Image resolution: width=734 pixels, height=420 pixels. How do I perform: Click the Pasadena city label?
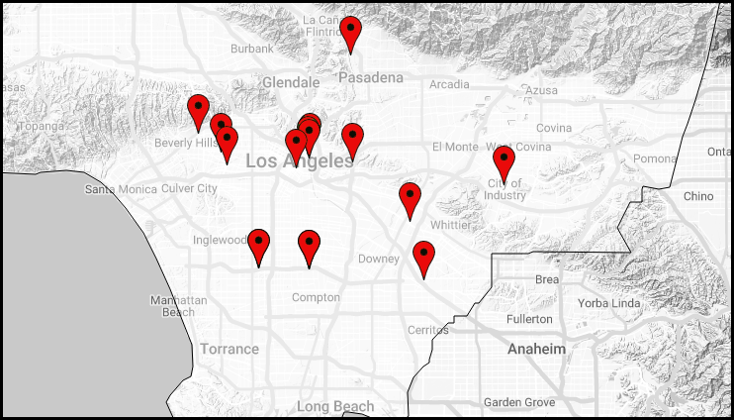pos(371,77)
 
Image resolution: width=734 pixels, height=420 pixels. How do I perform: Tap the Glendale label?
pos(291,82)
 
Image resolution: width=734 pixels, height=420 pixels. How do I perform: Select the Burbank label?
pos(251,49)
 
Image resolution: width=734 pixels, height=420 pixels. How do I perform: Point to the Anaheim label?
pos(536,350)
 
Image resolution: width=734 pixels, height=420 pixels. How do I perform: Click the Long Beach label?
pos(335,406)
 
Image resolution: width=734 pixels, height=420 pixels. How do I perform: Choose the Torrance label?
pos(229,349)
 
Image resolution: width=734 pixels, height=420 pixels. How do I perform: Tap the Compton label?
pos(316,297)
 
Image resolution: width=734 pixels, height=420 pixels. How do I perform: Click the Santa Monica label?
pos(121,189)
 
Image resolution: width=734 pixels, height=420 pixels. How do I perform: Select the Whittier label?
pos(450,225)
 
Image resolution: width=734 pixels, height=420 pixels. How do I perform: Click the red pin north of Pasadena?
pos(350,35)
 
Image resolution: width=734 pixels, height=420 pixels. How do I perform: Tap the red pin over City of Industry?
pos(504,163)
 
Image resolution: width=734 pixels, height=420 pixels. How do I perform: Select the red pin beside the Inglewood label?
pos(259,248)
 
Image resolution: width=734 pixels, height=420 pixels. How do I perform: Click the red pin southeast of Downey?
pos(423,260)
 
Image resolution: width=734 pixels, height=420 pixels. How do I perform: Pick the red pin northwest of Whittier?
pos(410,201)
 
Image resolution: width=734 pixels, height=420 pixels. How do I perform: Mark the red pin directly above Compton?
pos(310,248)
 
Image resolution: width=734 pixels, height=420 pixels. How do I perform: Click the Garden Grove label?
pos(519,402)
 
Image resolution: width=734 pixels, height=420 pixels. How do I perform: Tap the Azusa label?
pos(541,91)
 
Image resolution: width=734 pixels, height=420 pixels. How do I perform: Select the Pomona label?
pos(655,159)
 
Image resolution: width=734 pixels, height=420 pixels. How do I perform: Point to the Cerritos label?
pos(427,330)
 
